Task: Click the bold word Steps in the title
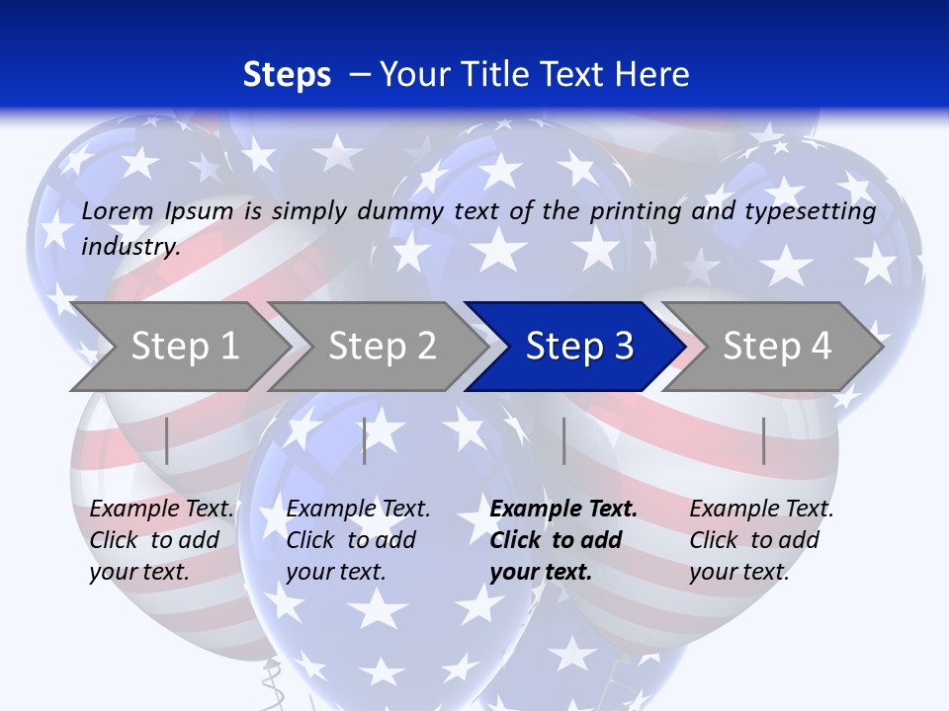pyautogui.click(x=287, y=75)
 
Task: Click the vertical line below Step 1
pyautogui.click(x=167, y=440)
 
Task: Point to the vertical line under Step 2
pyautogui.click(x=365, y=440)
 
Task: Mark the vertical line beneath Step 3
pyautogui.click(x=564, y=440)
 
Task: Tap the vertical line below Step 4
pyautogui.click(x=764, y=440)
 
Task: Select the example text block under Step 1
pyautogui.click(x=161, y=539)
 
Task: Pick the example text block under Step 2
pyautogui.click(x=358, y=539)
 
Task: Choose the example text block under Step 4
pyautogui.click(x=761, y=539)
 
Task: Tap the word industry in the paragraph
pyautogui.click(x=129, y=247)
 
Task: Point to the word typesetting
pyautogui.click(x=812, y=211)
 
